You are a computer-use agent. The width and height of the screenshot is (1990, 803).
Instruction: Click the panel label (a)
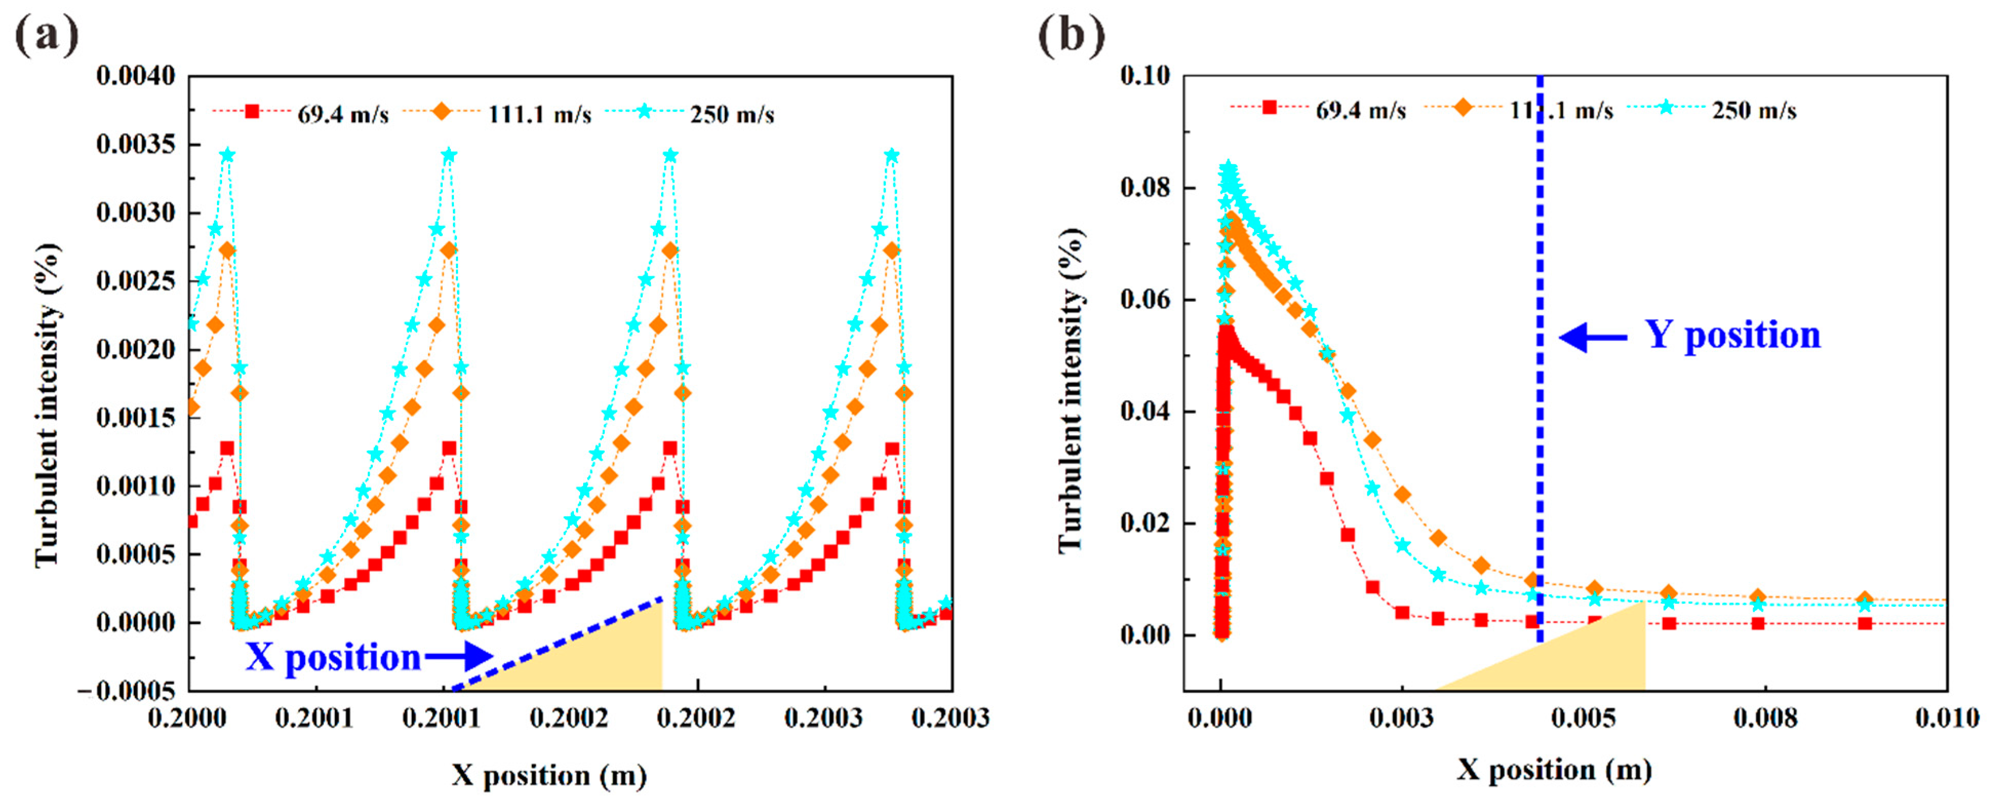46,35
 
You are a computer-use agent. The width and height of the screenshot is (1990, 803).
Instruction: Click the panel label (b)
1070,35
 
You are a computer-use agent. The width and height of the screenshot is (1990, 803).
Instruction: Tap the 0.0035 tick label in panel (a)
136,145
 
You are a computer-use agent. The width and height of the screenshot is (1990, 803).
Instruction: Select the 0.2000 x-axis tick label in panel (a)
187,718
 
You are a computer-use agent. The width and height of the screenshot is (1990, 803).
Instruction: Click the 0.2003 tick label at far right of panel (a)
950,718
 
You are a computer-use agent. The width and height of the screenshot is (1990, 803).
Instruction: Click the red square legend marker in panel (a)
252,111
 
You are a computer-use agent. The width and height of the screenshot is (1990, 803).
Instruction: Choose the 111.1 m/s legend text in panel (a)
539,114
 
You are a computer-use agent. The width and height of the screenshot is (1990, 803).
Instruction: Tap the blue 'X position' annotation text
334,658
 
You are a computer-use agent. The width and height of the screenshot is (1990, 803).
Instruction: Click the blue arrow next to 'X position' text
460,656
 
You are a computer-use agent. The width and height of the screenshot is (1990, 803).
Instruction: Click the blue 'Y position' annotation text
1732,336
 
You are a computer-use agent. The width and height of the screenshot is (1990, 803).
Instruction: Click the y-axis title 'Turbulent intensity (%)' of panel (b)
1071,390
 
